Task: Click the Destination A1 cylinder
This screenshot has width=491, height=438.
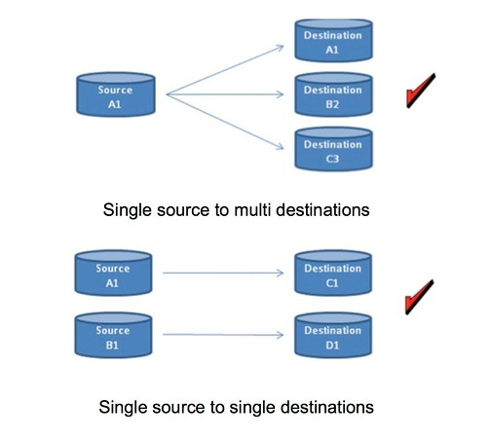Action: tap(333, 41)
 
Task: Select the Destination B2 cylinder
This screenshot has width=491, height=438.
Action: tap(333, 94)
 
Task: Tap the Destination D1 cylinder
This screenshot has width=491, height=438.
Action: tap(333, 335)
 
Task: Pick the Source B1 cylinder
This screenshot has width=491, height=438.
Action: tap(113, 335)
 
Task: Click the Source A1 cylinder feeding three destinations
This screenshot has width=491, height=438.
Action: tap(116, 94)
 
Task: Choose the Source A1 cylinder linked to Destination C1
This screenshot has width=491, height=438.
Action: tap(113, 273)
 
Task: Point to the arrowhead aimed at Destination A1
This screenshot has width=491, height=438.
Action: tap(280, 49)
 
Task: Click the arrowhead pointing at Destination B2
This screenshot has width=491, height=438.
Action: tap(280, 94)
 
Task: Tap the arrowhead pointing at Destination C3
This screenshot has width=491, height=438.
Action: tap(280, 146)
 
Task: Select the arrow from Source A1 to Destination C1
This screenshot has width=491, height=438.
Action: tap(223, 273)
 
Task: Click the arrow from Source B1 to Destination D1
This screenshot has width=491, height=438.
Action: tap(223, 335)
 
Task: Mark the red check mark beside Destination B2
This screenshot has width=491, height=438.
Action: tap(421, 91)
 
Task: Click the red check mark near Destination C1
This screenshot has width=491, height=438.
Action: tap(419, 297)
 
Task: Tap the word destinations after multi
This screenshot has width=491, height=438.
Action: tap(322, 210)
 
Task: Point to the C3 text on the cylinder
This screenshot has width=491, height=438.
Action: tap(332, 159)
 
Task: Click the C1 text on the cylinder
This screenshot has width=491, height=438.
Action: tap(332, 283)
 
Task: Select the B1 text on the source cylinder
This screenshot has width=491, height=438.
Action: tap(112, 346)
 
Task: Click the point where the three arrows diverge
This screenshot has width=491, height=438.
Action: tap(167, 94)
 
